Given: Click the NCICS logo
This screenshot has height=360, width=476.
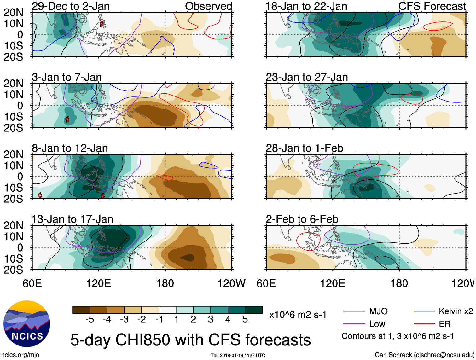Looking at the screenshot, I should click(x=27, y=324).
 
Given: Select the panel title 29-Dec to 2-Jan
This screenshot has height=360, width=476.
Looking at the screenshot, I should click(x=71, y=6).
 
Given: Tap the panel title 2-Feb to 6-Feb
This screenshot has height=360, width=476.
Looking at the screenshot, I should click(x=302, y=219).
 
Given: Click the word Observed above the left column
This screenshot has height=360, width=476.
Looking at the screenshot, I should click(x=208, y=6).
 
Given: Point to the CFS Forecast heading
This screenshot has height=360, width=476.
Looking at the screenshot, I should click(x=432, y=6).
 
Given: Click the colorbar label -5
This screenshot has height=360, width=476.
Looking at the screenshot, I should click(x=90, y=320).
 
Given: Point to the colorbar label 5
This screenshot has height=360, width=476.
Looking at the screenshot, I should click(x=245, y=320).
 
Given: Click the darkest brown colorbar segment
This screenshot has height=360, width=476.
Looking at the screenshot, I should click(x=81, y=310).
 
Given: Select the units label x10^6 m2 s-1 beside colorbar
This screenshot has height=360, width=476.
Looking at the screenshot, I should click(x=298, y=315).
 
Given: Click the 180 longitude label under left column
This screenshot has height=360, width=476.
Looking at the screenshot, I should click(x=165, y=283).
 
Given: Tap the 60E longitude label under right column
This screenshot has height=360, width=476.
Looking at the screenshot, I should click(x=266, y=283).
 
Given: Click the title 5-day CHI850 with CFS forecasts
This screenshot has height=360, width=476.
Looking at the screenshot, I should click(x=190, y=340).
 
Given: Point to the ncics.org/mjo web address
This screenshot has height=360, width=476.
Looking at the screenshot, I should click(x=20, y=355).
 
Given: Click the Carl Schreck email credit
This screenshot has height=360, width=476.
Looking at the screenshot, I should click(x=424, y=355).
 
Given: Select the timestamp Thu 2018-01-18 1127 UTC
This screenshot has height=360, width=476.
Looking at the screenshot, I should click(x=238, y=355).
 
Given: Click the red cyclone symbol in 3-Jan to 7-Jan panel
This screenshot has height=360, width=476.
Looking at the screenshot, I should click(x=67, y=119).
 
